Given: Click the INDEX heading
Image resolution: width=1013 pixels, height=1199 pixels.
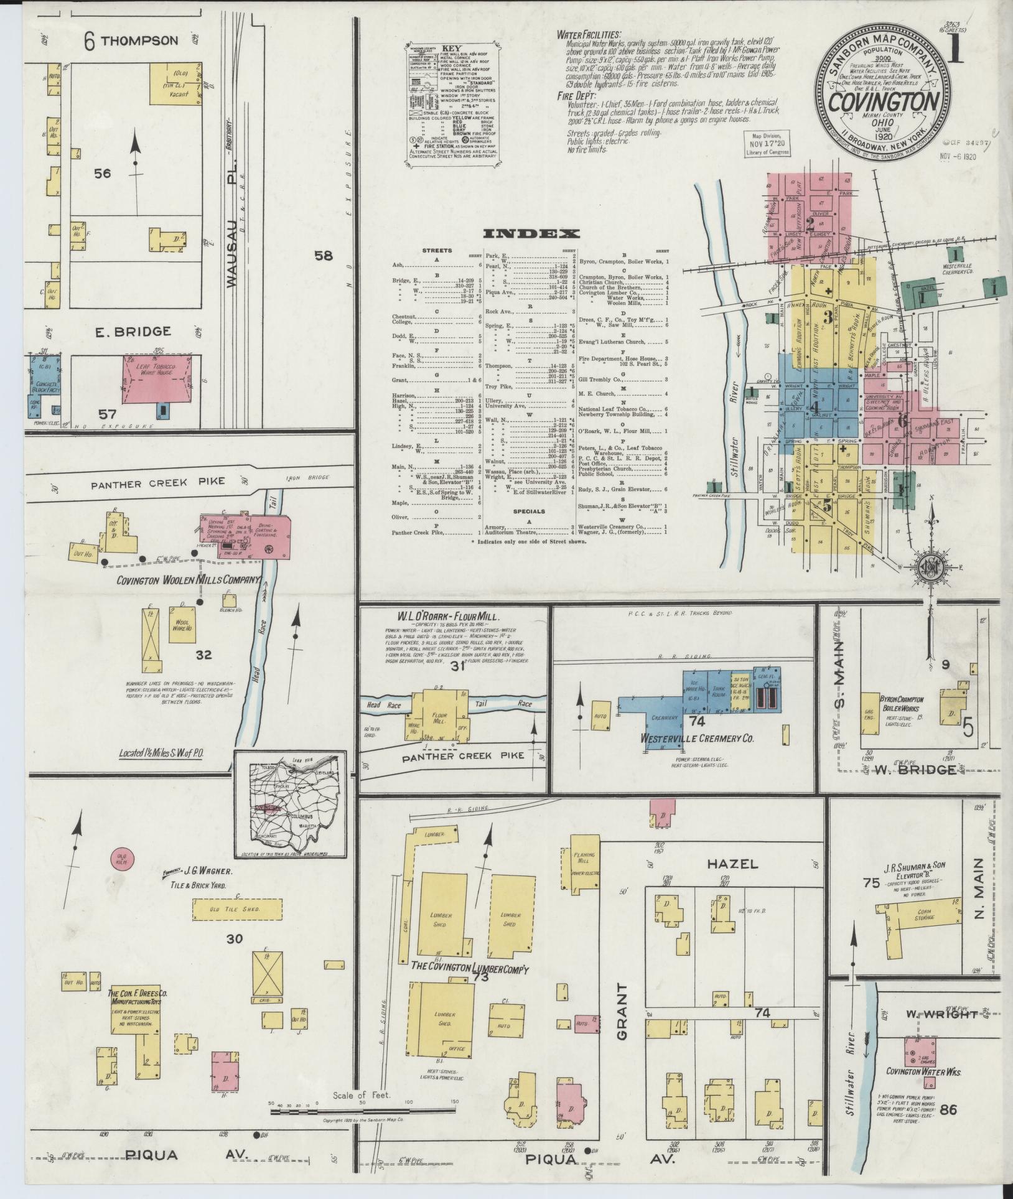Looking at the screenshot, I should (531, 234).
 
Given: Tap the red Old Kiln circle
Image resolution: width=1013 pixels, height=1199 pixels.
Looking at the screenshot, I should (123, 859).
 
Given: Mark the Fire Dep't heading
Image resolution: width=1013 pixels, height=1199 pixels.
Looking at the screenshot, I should (577, 96).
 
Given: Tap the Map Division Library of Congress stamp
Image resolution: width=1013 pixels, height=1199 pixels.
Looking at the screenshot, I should (767, 143).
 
